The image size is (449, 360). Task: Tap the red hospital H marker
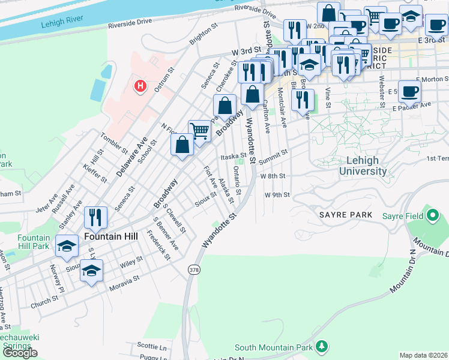[140, 86]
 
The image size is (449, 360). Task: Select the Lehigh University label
[363, 166]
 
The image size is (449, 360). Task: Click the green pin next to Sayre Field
[433, 215]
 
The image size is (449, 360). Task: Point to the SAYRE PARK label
[346, 214]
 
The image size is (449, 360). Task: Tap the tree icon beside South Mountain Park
[322, 347]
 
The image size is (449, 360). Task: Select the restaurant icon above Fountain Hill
[95, 217]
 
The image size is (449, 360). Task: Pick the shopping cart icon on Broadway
[199, 130]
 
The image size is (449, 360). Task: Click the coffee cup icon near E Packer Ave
[409, 91]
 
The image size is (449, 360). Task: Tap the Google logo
[20, 353]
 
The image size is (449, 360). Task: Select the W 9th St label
[277, 195]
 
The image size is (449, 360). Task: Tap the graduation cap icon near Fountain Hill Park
[67, 245]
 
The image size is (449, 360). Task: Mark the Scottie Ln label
[152, 346]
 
